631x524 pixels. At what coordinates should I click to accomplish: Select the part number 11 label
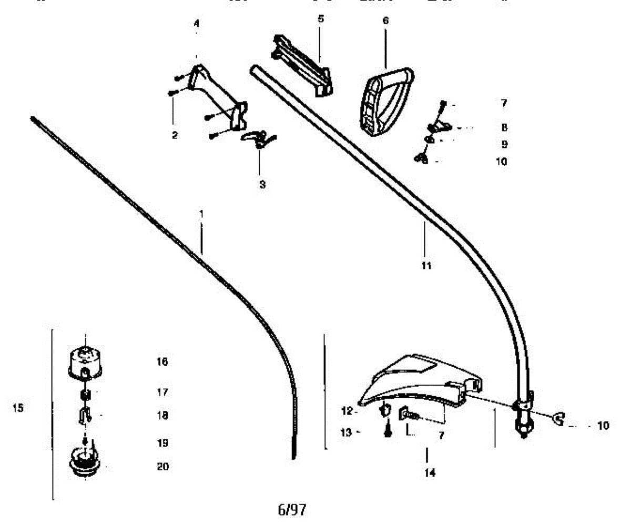(426, 266)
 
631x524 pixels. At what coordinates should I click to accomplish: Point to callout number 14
(430, 472)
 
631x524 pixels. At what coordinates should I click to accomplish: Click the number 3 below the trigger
(262, 185)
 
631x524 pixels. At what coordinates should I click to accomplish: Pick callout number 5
(321, 19)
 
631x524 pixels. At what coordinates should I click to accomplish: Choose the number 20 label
(163, 466)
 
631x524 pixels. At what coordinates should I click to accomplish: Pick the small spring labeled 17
(85, 395)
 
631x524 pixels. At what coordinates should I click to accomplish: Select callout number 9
(504, 144)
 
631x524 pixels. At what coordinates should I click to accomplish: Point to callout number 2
(175, 135)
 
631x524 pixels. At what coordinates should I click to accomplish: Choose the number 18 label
(162, 415)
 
